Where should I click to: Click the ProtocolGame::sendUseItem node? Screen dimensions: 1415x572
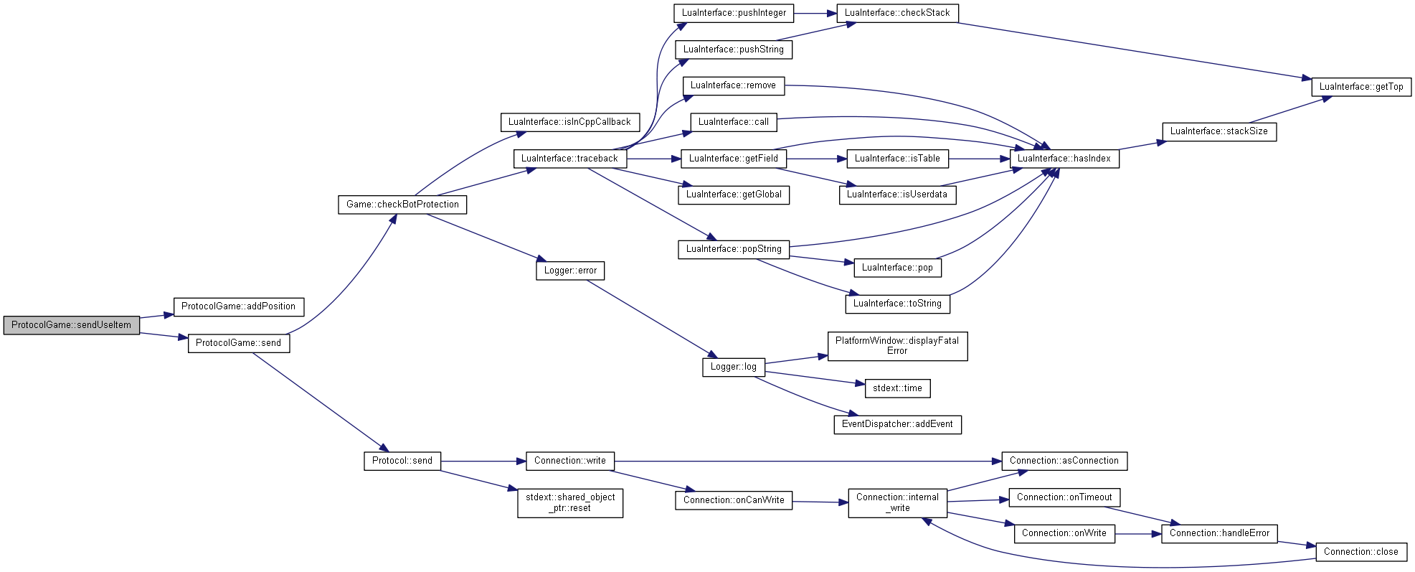tap(71, 325)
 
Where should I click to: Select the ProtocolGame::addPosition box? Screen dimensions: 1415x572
tap(239, 306)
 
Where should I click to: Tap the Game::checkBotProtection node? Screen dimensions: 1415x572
tap(402, 205)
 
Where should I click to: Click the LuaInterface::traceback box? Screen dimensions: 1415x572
tap(570, 159)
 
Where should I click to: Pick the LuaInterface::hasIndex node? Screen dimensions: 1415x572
tap(1064, 159)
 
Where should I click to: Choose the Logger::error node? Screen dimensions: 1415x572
tap(570, 271)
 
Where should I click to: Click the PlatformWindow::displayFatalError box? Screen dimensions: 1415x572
tap(897, 346)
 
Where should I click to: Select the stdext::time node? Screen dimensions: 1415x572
tap(897, 388)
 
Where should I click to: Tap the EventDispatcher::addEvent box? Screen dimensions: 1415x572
tap(897, 424)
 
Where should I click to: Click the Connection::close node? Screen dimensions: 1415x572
tap(1361, 552)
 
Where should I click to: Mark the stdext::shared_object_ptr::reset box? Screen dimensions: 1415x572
tap(570, 502)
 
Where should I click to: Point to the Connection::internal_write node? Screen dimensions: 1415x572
tap(897, 502)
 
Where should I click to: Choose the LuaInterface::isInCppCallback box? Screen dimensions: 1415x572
tap(569, 122)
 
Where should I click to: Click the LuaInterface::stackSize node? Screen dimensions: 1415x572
tap(1219, 131)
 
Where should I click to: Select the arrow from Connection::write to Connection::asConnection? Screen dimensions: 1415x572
tap(808, 461)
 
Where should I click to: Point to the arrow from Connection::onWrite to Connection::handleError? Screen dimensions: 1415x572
tap(1138, 534)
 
